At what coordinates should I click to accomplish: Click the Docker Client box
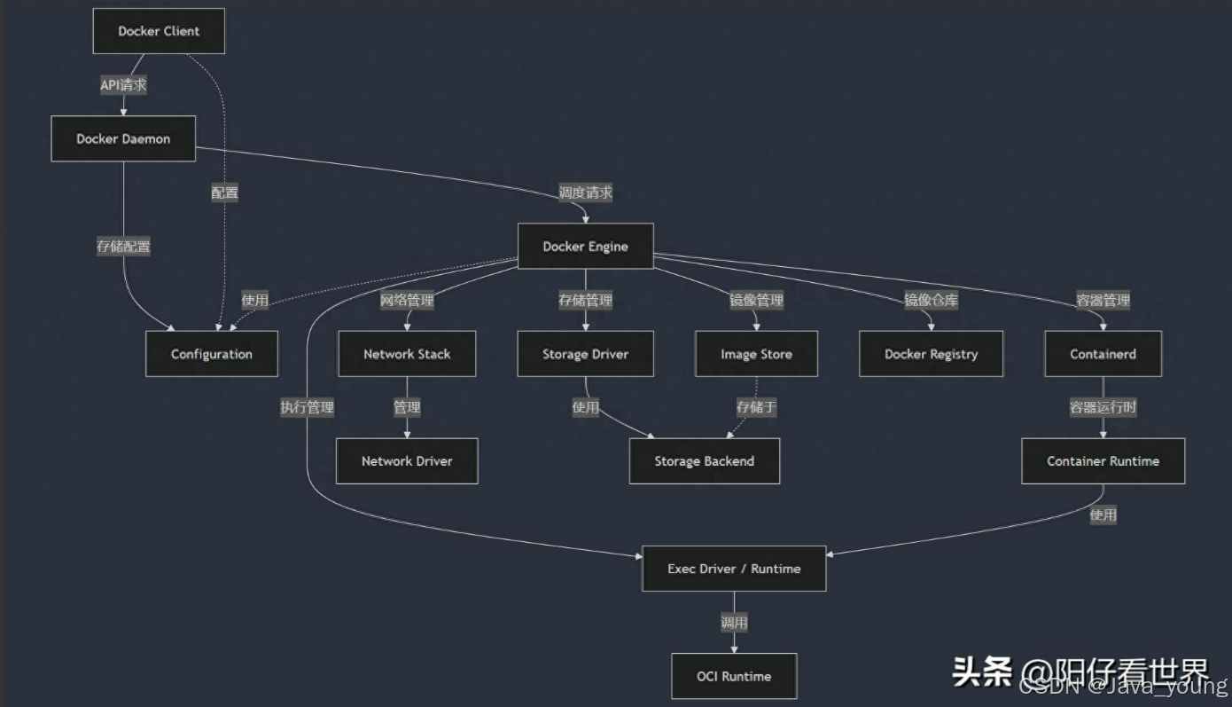[159, 31]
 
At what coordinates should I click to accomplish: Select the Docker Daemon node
[123, 138]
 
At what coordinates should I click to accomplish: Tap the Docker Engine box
[585, 246]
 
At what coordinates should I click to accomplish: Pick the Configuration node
[212, 354]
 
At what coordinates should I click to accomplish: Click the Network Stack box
[407, 354]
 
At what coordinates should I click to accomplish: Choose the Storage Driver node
[585, 354]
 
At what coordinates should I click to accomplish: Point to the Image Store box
[756, 354]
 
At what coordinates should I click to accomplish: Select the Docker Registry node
[931, 354]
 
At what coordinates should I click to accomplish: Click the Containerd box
[1103, 354]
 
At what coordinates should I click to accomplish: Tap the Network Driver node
[407, 461]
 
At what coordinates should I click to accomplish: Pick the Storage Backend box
[705, 461]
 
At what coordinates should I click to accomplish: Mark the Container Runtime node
[1103, 461]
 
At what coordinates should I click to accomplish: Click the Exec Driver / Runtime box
[734, 569]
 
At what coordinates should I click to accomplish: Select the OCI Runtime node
[734, 676]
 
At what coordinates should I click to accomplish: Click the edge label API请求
[123, 85]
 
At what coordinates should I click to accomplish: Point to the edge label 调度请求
[585, 192]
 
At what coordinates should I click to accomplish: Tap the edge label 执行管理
[308, 408]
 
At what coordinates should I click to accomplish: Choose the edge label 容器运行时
[1103, 408]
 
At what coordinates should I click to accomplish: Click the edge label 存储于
[756, 408]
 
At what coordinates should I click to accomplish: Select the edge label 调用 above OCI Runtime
[734, 623]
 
